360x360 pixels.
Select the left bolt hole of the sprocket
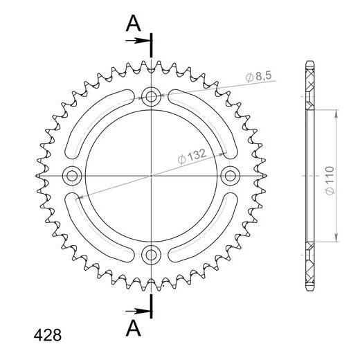pos(71,175)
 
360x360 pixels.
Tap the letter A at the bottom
pos(133,325)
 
